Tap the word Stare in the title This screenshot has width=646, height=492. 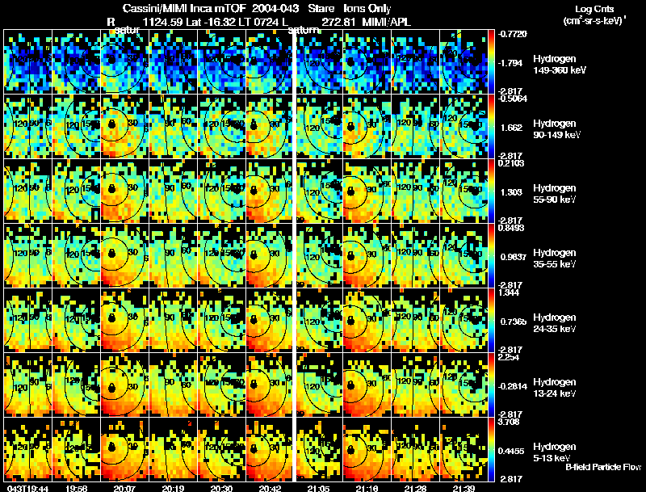321,8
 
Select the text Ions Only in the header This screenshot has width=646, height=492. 367,8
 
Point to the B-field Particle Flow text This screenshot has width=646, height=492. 603,467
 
